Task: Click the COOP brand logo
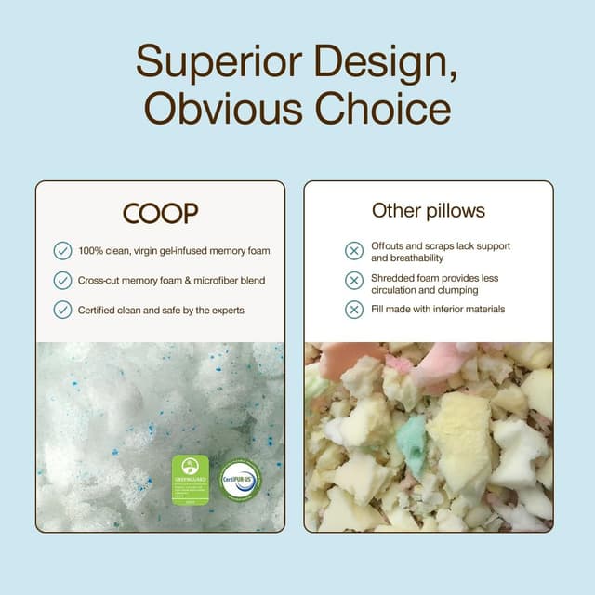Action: pyautogui.click(x=160, y=213)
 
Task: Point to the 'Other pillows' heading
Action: pyautogui.click(x=428, y=210)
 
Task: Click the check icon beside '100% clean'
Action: pyautogui.click(x=62, y=250)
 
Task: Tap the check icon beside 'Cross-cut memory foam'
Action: pyautogui.click(x=62, y=280)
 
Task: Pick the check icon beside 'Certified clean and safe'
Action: pyautogui.click(x=62, y=310)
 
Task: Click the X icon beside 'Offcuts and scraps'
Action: pyautogui.click(x=353, y=251)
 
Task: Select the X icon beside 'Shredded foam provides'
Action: pyautogui.click(x=353, y=282)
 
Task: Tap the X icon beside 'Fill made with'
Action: pyautogui.click(x=353, y=310)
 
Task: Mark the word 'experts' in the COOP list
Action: pyautogui.click(x=224, y=310)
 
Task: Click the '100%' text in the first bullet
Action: pyautogui.click(x=90, y=250)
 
